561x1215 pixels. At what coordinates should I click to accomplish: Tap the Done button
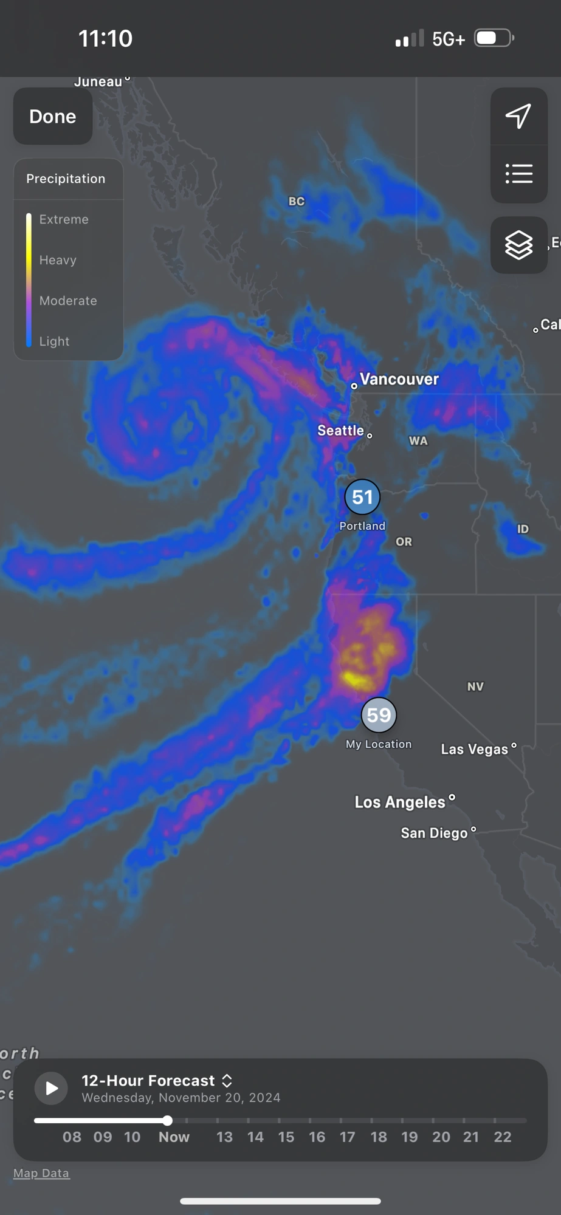(53, 116)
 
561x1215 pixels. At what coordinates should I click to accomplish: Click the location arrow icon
(518, 116)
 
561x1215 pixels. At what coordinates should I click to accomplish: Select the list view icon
(518, 174)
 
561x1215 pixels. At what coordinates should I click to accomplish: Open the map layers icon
(518, 245)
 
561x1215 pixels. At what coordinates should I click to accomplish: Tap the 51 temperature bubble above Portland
(362, 497)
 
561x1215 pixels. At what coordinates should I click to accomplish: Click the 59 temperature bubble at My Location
(379, 715)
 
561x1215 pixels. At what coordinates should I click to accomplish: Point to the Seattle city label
(340, 431)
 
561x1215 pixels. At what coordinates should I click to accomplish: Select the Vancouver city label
(399, 379)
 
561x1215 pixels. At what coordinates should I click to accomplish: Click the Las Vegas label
(474, 749)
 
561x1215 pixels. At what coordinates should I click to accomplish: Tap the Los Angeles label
(400, 802)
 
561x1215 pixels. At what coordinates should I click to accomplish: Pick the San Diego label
(434, 833)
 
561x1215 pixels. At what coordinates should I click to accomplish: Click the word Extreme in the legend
(64, 219)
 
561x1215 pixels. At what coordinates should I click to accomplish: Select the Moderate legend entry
(68, 301)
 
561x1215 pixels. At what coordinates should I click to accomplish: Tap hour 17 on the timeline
(347, 1137)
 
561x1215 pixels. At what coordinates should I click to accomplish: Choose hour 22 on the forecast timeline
(502, 1137)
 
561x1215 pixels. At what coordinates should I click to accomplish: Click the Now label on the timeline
(174, 1137)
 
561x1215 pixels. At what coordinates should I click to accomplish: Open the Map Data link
(41, 1173)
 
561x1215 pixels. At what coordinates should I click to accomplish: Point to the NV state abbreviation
(475, 686)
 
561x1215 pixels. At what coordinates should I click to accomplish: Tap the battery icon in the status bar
(494, 38)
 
